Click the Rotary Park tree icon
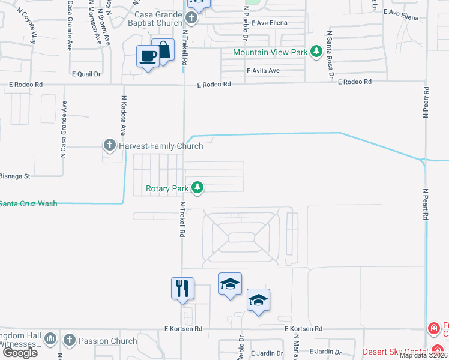coord(197,188)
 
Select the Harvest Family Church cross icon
coord(109,145)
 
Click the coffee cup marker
coord(148,57)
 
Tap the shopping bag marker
coord(163,50)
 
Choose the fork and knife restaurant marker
coord(182,288)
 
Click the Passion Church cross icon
coord(70,340)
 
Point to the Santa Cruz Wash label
coord(29,203)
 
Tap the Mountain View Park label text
coord(270,52)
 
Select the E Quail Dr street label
coord(86,74)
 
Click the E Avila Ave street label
coord(264,70)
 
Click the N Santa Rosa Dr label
coord(330,55)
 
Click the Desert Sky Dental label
coord(393,351)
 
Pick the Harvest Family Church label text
coord(160,145)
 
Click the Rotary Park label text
coord(167,188)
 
